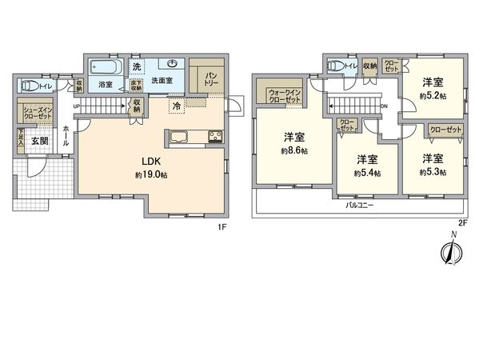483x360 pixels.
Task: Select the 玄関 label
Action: point(39,141)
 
